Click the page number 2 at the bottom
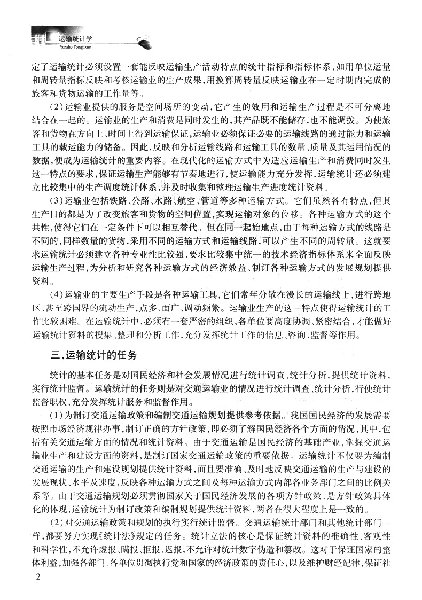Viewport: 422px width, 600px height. (37, 578)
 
